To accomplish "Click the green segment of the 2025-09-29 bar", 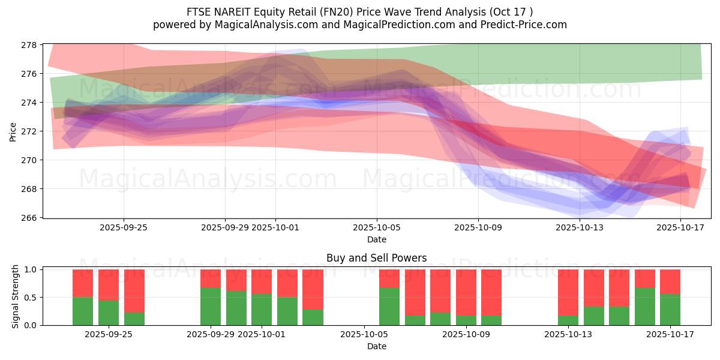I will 211,307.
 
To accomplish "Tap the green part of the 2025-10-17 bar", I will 670,310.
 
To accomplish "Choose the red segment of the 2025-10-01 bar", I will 262,281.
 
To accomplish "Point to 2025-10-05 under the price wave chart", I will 377,227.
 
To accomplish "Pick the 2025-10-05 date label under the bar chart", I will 364,335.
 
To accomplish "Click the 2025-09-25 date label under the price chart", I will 124,227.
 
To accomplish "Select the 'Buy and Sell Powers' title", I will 377,259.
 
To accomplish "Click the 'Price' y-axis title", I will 13,131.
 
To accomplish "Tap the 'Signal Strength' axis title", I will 16,297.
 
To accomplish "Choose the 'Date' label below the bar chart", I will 377,346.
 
